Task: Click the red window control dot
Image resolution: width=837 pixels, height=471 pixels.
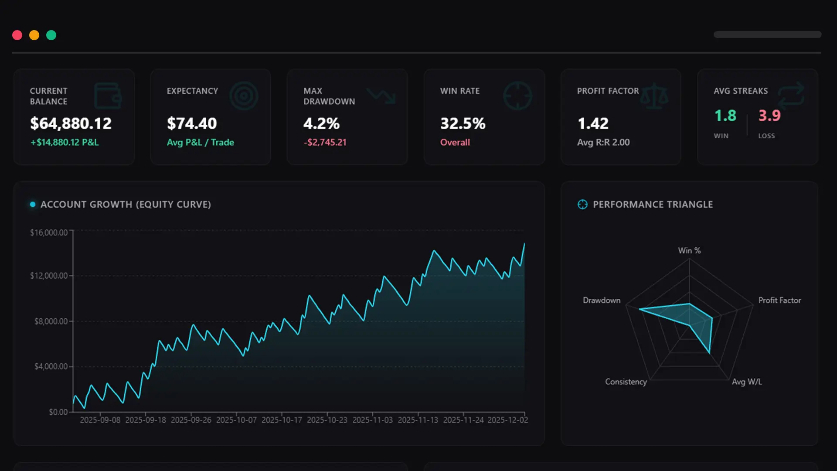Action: [17, 35]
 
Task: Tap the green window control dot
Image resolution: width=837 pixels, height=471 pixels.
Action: [51, 35]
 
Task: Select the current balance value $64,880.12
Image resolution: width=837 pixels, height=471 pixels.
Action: [71, 123]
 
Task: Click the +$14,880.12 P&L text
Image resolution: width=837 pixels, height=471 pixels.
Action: [65, 142]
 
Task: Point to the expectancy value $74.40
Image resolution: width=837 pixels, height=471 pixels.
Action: [192, 123]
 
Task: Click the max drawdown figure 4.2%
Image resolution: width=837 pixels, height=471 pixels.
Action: [321, 123]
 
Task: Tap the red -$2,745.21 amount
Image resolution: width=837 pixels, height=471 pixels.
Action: [325, 142]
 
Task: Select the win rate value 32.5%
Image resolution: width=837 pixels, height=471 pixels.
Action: [463, 123]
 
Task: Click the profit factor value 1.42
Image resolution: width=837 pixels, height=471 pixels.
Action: [593, 123]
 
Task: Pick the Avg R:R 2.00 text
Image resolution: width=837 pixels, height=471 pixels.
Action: [603, 142]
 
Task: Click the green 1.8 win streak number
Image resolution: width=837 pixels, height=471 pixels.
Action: [725, 116]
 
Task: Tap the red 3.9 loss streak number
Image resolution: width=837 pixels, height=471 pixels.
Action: [769, 116]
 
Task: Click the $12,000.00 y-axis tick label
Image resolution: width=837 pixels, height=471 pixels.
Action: [49, 276]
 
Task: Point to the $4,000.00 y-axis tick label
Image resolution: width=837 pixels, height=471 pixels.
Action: [51, 366]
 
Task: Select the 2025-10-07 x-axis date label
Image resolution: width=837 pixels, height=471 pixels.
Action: [236, 420]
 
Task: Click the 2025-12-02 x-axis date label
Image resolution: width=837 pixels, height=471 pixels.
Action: [507, 420]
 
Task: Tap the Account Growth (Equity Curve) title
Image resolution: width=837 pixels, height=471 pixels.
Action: [126, 205]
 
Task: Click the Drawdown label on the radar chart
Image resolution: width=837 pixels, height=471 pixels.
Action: [602, 300]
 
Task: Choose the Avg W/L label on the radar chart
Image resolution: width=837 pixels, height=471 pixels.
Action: [747, 382]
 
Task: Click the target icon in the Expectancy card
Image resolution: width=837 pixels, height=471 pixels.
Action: [244, 96]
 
